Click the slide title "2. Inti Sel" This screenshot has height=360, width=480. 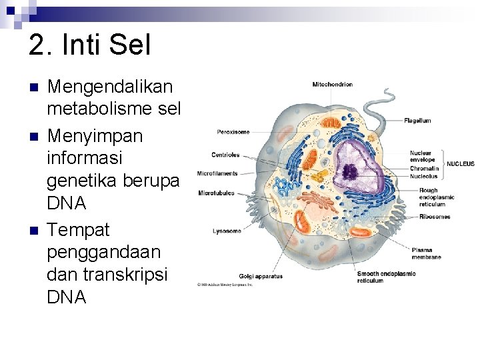pyautogui.click(x=90, y=45)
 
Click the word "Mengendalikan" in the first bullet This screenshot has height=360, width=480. pyautogui.click(x=110, y=87)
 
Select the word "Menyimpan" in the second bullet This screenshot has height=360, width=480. pyautogui.click(x=95, y=135)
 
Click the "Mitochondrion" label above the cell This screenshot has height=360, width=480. pyautogui.click(x=332, y=85)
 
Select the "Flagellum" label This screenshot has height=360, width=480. pyautogui.click(x=417, y=121)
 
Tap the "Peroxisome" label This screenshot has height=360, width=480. pyautogui.click(x=233, y=132)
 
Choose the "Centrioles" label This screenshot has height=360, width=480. pyautogui.click(x=225, y=155)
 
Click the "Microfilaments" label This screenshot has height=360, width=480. pyautogui.click(x=217, y=174)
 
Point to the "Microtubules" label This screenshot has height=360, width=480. pyautogui.click(x=215, y=193)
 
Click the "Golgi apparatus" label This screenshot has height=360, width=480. pyautogui.click(x=261, y=276)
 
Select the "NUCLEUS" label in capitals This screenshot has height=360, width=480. pyautogui.click(x=460, y=164)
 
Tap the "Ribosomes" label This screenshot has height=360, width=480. pyautogui.click(x=435, y=217)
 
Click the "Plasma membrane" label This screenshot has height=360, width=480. pyautogui.click(x=426, y=253)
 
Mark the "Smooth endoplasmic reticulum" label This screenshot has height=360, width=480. pyautogui.click(x=386, y=277)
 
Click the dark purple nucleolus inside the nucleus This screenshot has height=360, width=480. pyautogui.click(x=349, y=172)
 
